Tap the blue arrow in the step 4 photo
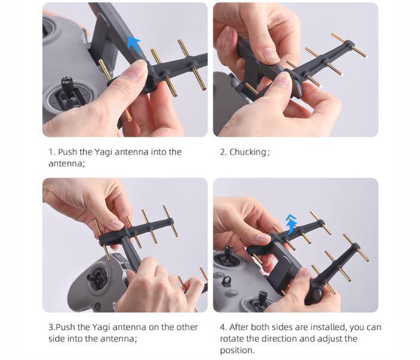291,224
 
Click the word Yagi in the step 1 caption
103,152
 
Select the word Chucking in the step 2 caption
247,152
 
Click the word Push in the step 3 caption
65,328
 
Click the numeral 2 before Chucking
223,152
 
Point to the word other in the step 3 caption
187,328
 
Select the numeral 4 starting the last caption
223,328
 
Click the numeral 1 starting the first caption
50,152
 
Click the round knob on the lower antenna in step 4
316,294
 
